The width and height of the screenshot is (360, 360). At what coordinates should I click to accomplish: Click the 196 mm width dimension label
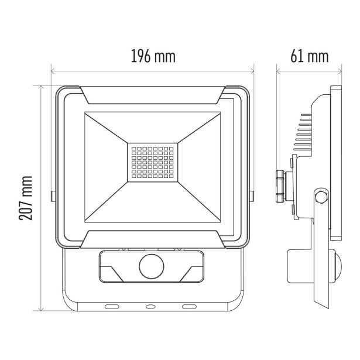click(x=153, y=56)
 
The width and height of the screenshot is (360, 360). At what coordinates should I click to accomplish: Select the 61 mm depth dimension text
click(x=308, y=56)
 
